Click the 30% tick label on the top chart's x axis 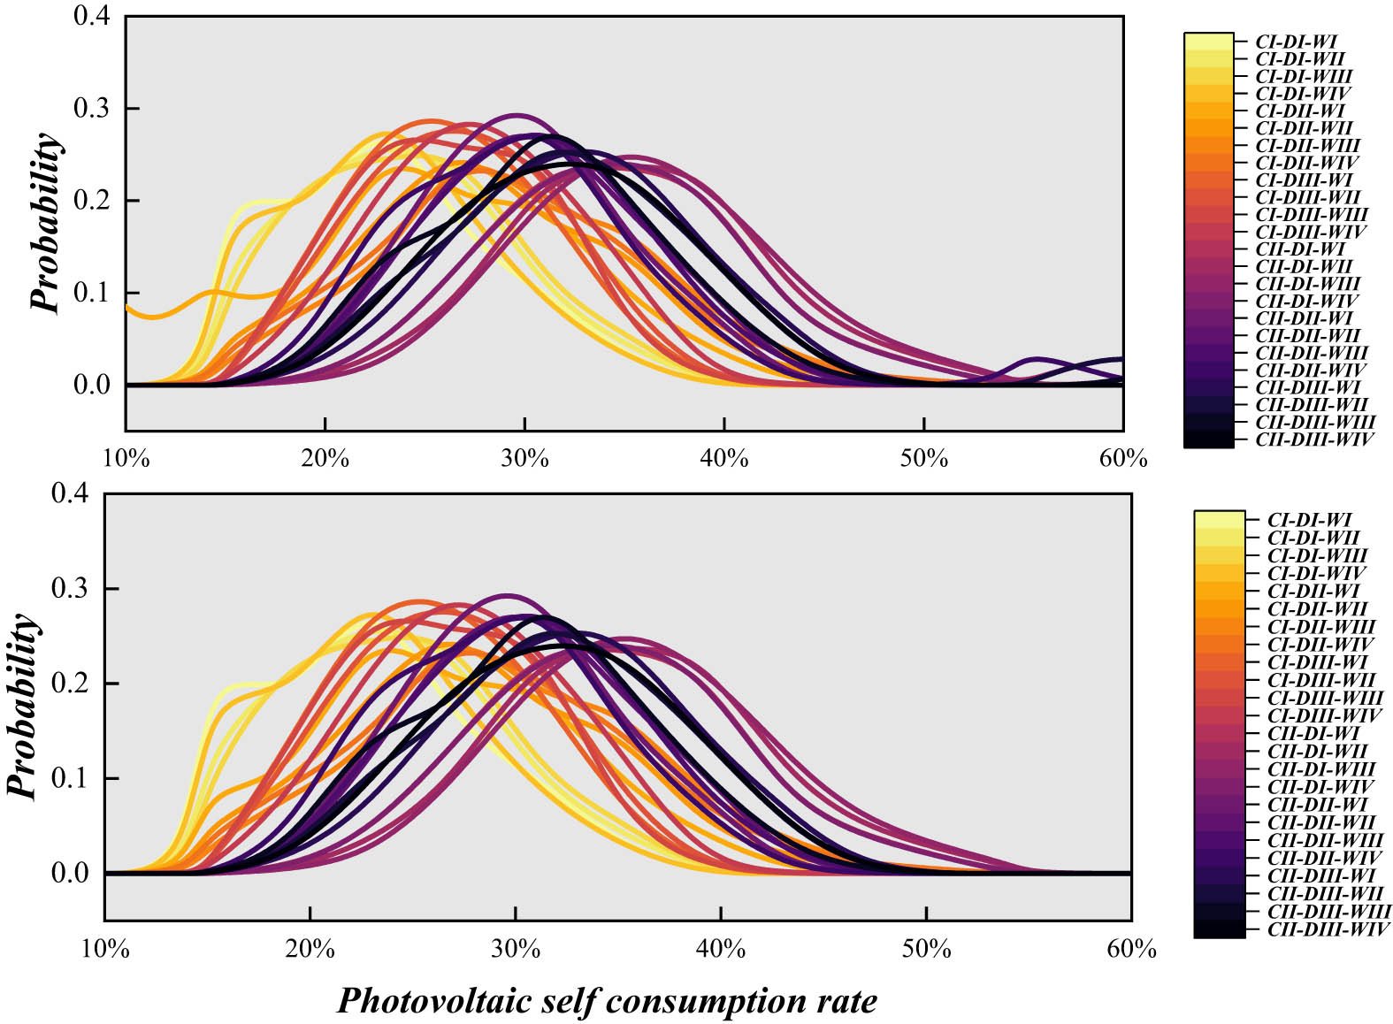click(x=525, y=458)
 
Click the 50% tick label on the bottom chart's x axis click(x=926, y=949)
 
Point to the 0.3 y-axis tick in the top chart click(x=94, y=108)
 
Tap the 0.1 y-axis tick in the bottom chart click(x=71, y=778)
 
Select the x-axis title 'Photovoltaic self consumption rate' click(x=607, y=1001)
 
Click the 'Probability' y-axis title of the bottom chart click(x=24, y=705)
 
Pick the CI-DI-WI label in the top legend click(x=1296, y=42)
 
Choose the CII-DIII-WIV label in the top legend click(x=1314, y=439)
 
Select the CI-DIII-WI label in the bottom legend click(x=1317, y=662)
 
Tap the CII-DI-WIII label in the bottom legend click(x=1321, y=769)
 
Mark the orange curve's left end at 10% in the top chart click(x=128, y=308)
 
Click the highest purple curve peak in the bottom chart click(x=507, y=595)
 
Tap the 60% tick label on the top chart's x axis click(x=1123, y=458)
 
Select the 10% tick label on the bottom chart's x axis click(x=105, y=949)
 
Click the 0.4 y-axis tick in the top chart click(x=94, y=16)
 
